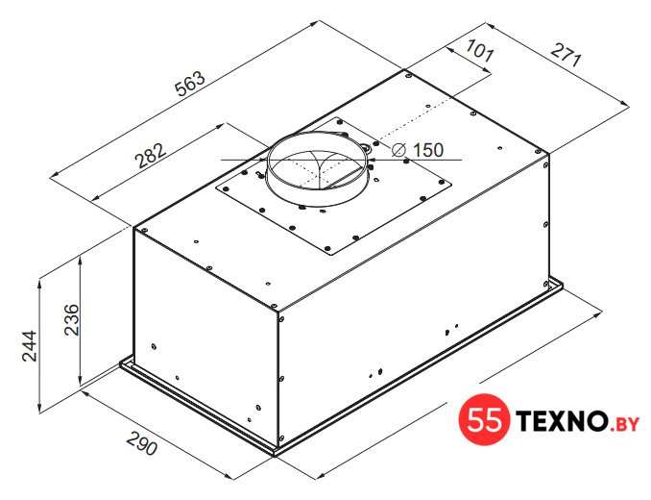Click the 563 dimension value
190,84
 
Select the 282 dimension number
151,156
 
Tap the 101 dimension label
479,50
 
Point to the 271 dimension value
566,54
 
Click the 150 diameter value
428,150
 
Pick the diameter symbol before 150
399,150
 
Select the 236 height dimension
71,319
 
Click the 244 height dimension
30,346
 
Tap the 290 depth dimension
142,443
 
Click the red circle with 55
484,419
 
